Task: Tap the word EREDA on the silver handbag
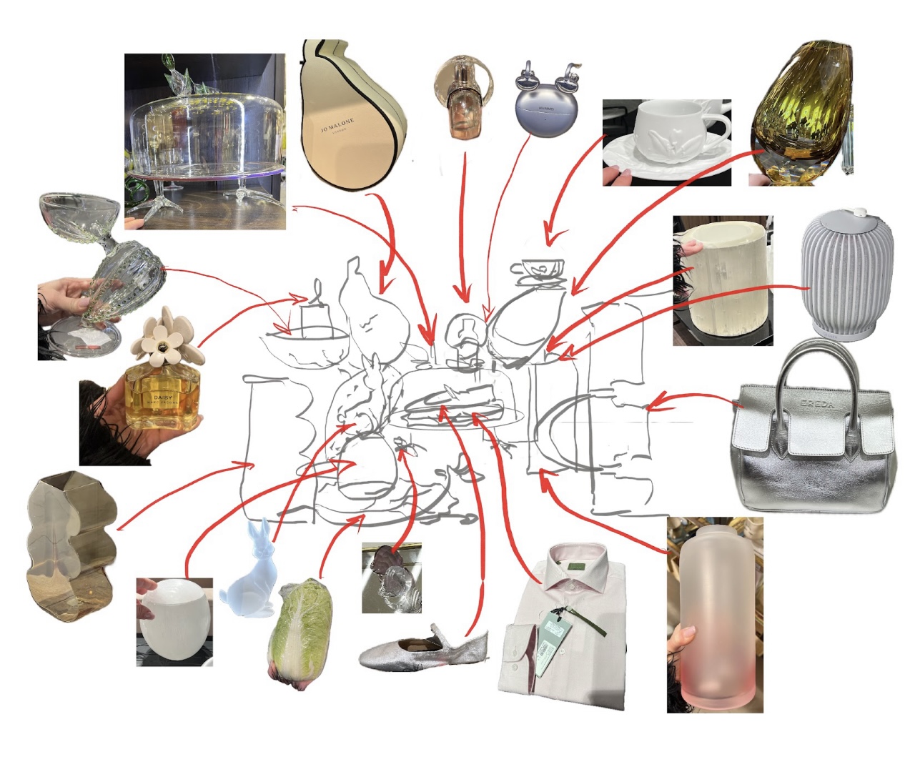[816, 404]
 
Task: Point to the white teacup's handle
[718, 130]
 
